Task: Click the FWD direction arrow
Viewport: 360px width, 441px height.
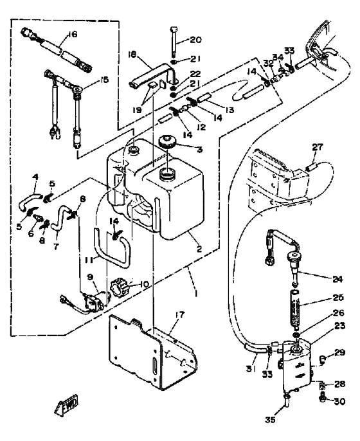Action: pos(66,406)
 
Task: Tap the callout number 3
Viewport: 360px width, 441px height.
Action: pos(199,149)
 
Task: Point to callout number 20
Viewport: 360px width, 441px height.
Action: pos(195,40)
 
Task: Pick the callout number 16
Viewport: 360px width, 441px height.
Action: pos(72,35)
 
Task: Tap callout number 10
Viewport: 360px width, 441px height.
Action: pos(143,284)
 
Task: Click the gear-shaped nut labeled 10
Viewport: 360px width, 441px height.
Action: pos(120,285)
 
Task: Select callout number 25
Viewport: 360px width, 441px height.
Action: pos(337,297)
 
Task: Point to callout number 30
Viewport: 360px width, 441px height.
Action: pos(339,401)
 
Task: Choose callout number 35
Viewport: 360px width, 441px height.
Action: pos(270,420)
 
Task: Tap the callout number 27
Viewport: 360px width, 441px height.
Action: pos(318,147)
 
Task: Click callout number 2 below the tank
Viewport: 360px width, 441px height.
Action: pos(199,249)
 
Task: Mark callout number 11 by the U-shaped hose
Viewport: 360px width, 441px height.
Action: pos(89,260)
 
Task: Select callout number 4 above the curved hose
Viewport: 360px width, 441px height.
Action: pos(35,177)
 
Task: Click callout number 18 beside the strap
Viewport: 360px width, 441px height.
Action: pos(132,54)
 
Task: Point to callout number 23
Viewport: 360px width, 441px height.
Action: pos(339,326)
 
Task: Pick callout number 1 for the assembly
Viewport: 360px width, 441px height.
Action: pos(196,293)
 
